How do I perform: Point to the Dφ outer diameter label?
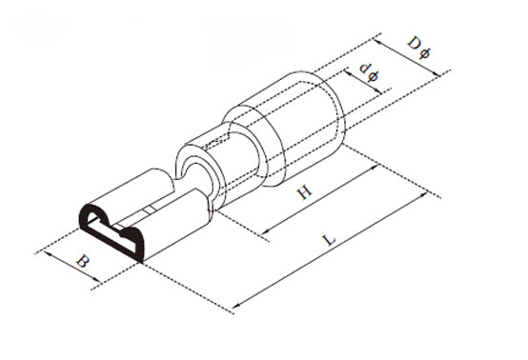coord(416,45)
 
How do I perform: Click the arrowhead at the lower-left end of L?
coord(235,306)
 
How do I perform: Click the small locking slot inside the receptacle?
coord(150,209)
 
